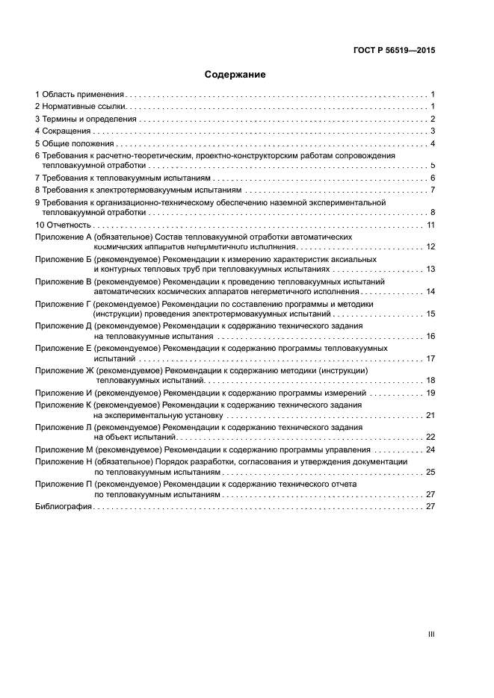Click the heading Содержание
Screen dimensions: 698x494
(x=235, y=75)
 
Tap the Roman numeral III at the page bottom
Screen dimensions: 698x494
(x=431, y=634)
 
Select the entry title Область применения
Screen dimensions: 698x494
(x=83, y=95)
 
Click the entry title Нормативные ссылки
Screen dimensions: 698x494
(x=84, y=107)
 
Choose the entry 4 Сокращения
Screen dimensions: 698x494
(x=64, y=131)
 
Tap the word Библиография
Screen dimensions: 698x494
(x=63, y=506)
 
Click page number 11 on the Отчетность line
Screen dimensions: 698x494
(x=430, y=225)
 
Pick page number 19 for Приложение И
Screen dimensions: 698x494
(x=430, y=393)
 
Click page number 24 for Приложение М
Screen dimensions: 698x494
(x=430, y=449)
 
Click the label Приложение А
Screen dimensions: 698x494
(x=63, y=236)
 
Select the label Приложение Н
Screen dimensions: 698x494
(x=63, y=461)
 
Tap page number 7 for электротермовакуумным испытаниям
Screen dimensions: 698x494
(x=433, y=190)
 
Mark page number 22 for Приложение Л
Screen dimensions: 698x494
(x=430, y=437)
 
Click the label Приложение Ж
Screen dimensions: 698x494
(x=64, y=370)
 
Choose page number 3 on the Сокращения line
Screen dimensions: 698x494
(x=433, y=131)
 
